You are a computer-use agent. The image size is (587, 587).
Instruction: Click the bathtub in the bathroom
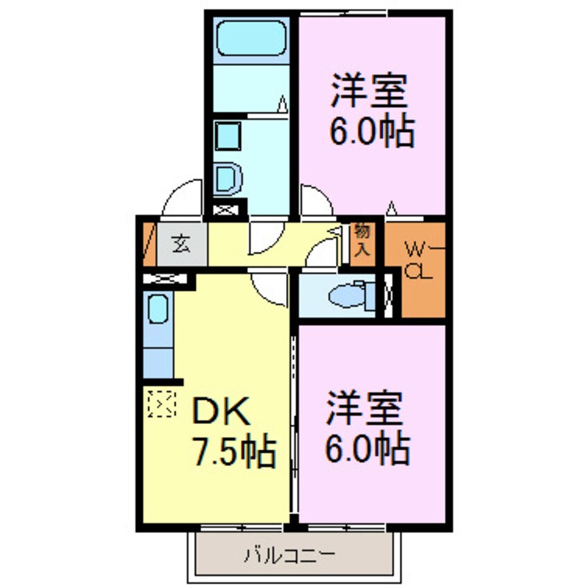[x=251, y=37]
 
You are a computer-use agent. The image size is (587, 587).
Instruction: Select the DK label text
[x=221, y=414]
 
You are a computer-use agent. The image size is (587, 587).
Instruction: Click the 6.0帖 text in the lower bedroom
[x=367, y=448]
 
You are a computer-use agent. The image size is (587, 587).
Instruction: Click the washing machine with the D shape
[x=227, y=180]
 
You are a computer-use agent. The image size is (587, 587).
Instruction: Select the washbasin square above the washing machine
[x=226, y=135]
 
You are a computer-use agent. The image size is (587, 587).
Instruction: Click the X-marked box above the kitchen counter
[x=165, y=280]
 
